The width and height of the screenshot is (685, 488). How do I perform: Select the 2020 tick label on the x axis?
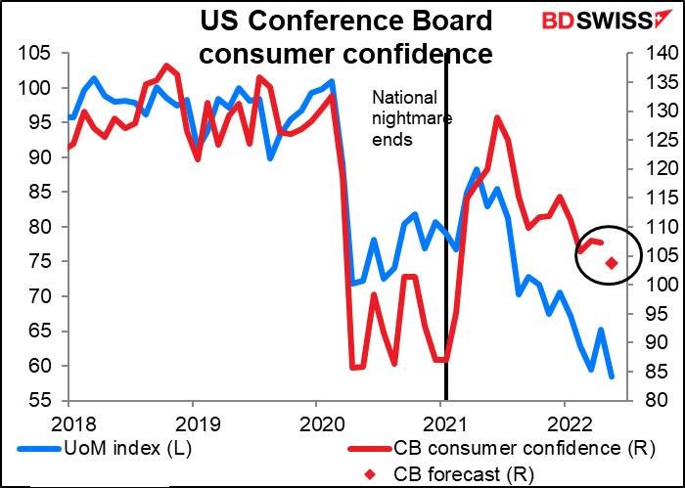[316, 421]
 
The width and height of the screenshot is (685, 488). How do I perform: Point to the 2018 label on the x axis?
[68, 421]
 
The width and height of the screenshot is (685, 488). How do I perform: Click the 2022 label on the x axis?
[564, 421]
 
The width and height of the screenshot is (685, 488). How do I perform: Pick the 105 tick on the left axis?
[35, 54]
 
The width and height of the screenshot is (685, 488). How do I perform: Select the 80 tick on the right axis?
[638, 401]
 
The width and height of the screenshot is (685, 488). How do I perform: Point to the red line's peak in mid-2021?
[497, 117]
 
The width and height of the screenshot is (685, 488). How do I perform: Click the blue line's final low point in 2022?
[611, 377]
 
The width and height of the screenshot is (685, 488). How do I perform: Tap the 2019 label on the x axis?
[192, 421]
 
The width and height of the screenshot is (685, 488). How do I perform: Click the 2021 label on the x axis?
[440, 421]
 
